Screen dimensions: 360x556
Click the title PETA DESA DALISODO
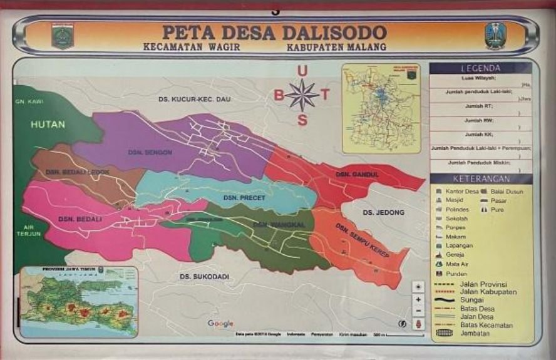pyautogui.click(x=274, y=32)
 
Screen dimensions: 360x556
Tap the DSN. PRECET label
pyautogui.click(x=244, y=198)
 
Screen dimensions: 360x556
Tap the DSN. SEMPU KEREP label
pyautogui.click(x=362, y=240)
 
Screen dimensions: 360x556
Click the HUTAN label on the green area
pyautogui.click(x=48, y=125)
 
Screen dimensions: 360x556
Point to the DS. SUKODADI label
pyautogui.click(x=204, y=276)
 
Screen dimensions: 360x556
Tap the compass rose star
pyautogui.click(x=302, y=96)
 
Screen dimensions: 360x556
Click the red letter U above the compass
pyautogui.click(x=302, y=71)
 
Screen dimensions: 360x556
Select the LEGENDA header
pyautogui.click(x=480, y=68)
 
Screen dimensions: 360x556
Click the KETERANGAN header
pyautogui.click(x=480, y=179)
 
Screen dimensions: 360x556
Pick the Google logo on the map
pyautogui.click(x=220, y=324)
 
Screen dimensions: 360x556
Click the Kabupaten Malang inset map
pyautogui.click(x=381, y=108)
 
